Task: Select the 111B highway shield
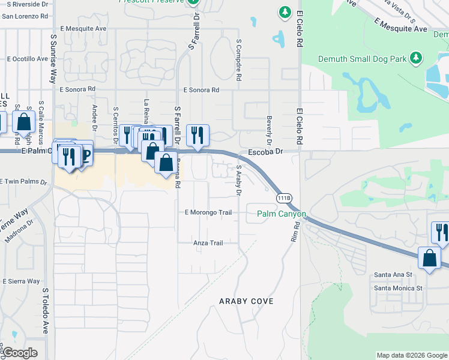coord(285,198)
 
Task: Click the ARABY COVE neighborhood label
coord(246,301)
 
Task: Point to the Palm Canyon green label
coord(282,214)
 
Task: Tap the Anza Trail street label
coord(208,243)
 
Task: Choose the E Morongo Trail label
coord(208,212)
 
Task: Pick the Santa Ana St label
coord(393,274)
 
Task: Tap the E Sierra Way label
coord(21,281)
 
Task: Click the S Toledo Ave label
coord(45,310)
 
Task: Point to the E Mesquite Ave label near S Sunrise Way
coord(84,28)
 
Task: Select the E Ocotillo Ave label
coord(27,59)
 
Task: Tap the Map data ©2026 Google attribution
coord(411,355)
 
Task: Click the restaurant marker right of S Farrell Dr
coord(197,136)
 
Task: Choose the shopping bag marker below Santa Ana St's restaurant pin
coord(430,259)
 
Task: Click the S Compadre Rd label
coord(239,61)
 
